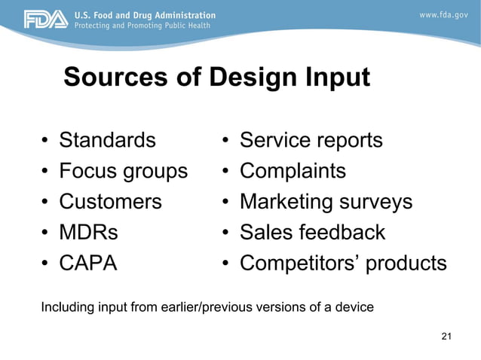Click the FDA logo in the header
45,19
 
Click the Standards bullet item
108,141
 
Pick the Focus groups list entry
123,172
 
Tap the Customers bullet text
110,202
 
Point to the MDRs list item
88,233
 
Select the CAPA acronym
88,264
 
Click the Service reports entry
311,141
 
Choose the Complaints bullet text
293,172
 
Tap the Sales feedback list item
312,233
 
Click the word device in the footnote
354,307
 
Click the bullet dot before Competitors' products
225,264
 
